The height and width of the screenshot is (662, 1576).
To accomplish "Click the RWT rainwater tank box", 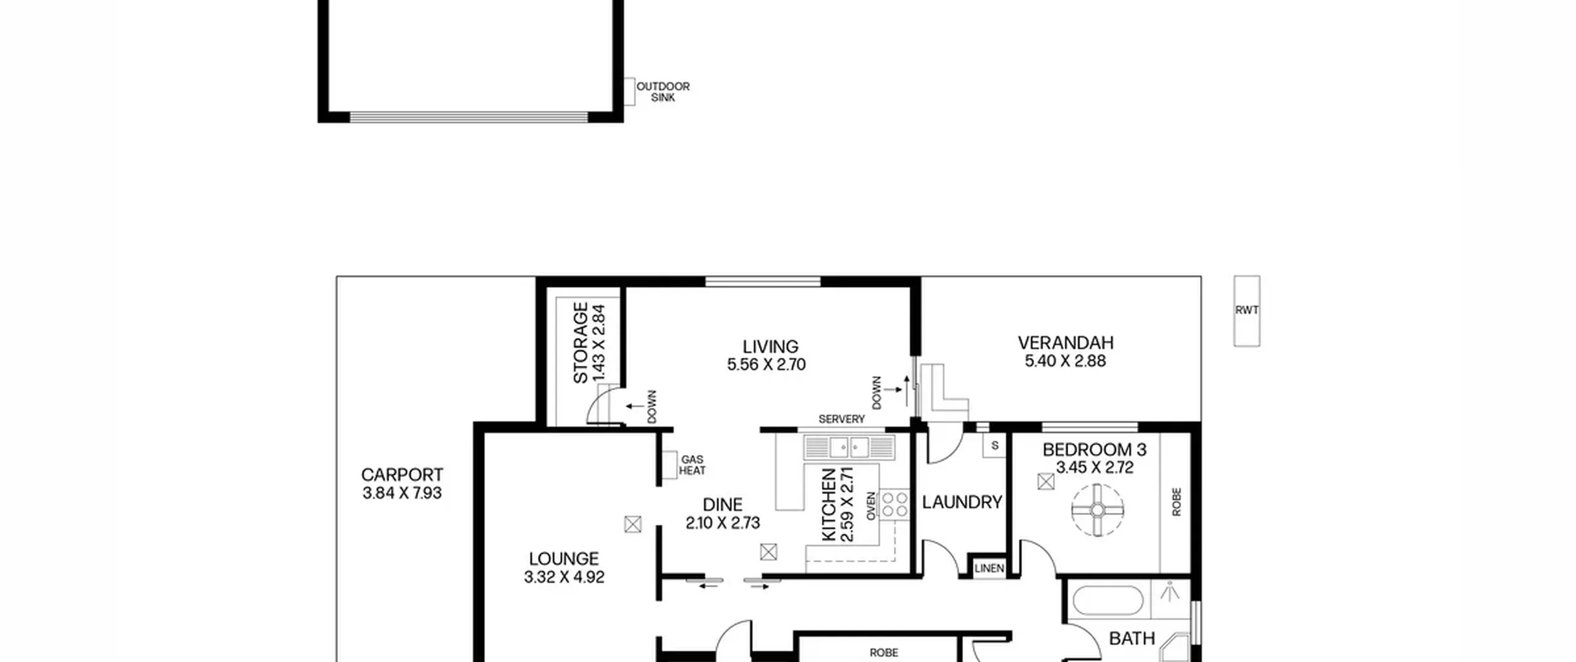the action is click(x=1247, y=310).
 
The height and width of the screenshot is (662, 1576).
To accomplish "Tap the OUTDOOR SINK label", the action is click(x=662, y=92).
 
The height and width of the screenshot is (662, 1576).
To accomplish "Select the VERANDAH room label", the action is click(x=1066, y=342).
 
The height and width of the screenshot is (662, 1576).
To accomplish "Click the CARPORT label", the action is click(x=402, y=475).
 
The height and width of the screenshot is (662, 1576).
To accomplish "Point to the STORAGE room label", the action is click(x=581, y=343).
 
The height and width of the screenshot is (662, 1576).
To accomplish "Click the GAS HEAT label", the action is click(x=692, y=465).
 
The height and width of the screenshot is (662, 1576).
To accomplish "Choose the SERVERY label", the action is click(x=842, y=419).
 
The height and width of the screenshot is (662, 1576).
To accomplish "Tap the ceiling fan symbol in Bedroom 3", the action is click(x=1098, y=510).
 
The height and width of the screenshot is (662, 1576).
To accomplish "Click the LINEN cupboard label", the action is click(x=989, y=568).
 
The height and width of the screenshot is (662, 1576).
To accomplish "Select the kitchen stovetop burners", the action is click(x=894, y=504).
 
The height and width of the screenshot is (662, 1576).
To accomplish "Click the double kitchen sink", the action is click(x=849, y=447).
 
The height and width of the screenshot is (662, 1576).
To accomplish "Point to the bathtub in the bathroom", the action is click(x=1108, y=601).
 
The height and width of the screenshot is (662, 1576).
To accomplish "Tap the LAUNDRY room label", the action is click(x=962, y=503).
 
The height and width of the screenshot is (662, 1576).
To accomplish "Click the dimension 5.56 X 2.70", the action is click(x=766, y=365).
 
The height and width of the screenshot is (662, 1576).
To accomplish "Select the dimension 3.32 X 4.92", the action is click(x=564, y=577).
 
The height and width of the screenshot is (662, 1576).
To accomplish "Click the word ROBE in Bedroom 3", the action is click(x=1176, y=502).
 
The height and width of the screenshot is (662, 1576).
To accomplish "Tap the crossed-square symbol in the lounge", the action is click(x=633, y=525).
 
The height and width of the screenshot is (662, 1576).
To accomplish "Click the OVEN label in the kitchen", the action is click(x=871, y=506).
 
